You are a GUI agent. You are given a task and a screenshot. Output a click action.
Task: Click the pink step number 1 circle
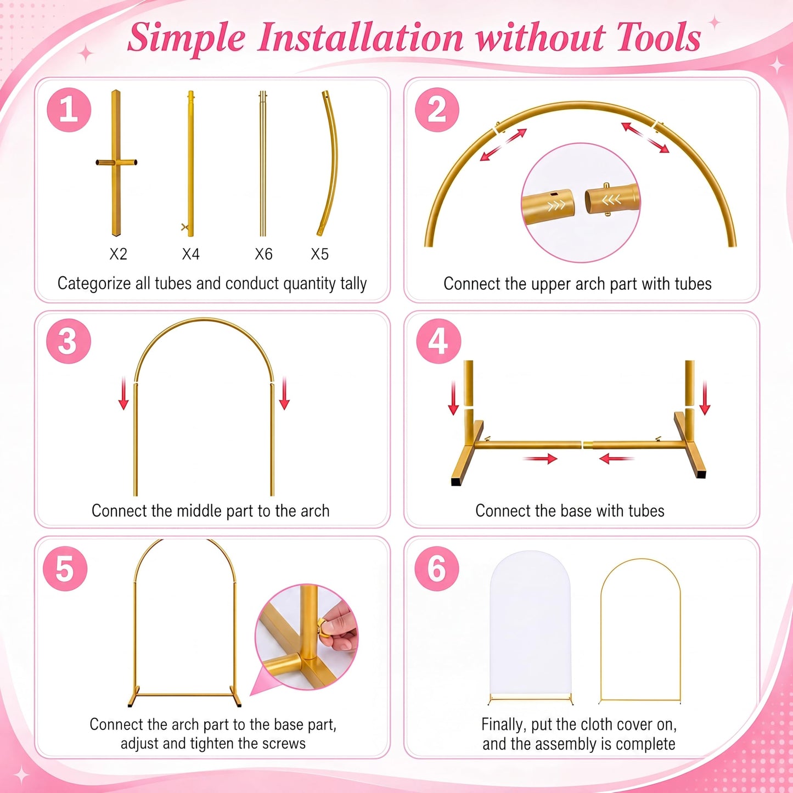coord(69,110)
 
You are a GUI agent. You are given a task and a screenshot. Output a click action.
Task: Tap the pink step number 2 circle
coord(437,110)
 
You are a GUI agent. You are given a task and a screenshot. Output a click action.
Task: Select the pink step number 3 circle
coord(68,341)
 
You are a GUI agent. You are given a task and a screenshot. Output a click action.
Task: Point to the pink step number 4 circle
coord(438,341)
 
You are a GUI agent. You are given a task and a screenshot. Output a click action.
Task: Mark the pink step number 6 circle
coord(437,569)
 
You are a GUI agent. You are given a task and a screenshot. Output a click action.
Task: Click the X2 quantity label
coord(118,254)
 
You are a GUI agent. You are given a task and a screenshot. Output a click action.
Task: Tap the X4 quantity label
coord(190,254)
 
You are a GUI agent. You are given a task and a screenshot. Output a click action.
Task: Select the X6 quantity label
coord(263,254)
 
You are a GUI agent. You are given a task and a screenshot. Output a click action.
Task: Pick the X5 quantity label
coord(320,254)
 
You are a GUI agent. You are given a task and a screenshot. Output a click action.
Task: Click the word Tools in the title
coord(659,38)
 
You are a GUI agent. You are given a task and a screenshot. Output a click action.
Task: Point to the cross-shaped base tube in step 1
coord(116,163)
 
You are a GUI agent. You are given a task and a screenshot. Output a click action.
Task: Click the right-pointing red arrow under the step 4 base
coord(540,458)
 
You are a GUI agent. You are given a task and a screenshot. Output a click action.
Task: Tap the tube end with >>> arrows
coord(549,203)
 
